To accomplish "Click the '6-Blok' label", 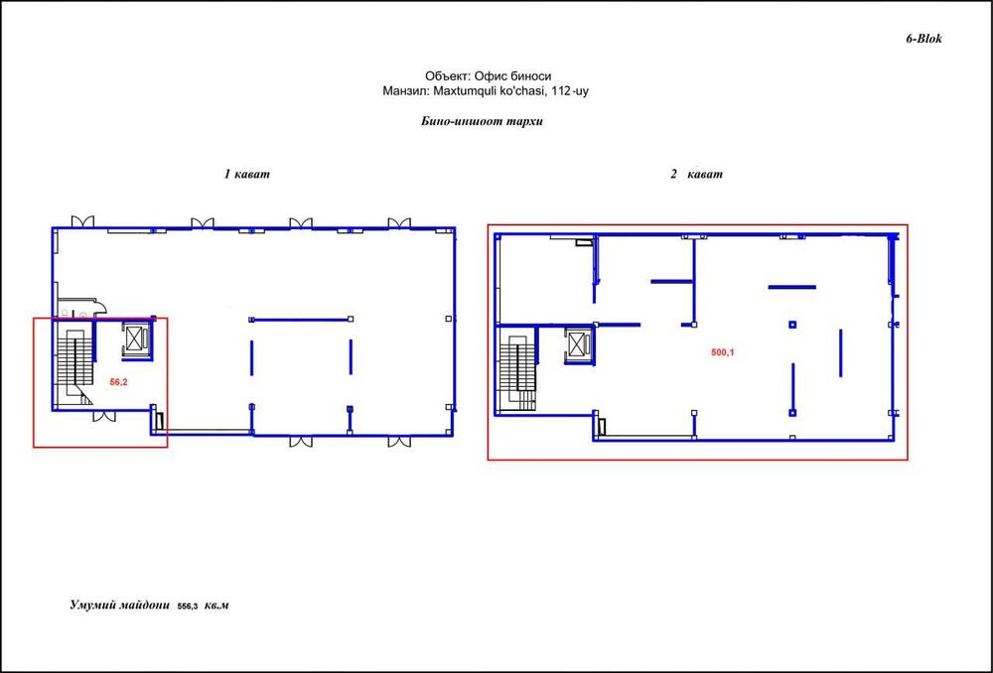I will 922,39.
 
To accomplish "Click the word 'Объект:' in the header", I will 447,75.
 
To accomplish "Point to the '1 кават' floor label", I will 246,174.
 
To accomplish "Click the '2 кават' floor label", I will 695,174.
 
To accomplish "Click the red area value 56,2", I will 119,380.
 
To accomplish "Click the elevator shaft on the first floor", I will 134,338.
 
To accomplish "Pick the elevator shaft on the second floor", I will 577,344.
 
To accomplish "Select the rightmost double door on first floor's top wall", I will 399,221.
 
